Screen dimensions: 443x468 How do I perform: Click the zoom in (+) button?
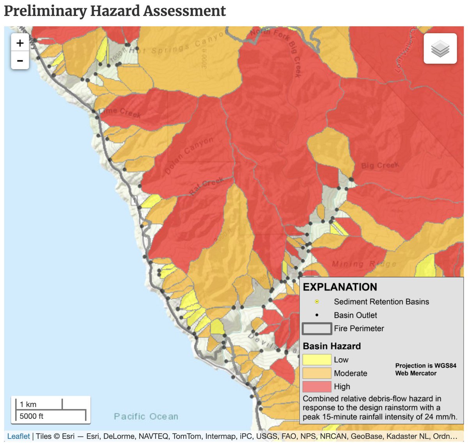click(20, 43)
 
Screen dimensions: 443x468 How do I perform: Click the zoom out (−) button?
click(20, 61)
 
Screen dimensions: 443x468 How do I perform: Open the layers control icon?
click(440, 49)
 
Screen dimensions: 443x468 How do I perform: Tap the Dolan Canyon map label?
click(189, 155)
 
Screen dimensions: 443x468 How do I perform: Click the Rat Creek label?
click(206, 186)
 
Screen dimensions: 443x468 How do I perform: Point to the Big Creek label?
click(379, 165)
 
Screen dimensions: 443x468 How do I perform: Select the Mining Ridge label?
click(364, 264)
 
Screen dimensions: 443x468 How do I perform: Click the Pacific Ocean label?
click(146, 416)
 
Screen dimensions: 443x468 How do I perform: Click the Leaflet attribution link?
click(18, 436)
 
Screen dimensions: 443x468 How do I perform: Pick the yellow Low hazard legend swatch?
click(316, 360)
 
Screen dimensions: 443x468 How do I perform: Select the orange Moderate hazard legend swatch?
click(316, 373)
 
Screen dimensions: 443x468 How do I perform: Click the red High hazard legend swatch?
click(316, 386)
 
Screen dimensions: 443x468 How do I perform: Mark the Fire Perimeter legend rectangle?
click(316, 329)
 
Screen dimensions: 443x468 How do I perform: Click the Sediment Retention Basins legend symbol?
click(317, 302)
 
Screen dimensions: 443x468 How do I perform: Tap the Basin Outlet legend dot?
click(317, 315)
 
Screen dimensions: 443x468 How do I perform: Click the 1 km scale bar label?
click(28, 404)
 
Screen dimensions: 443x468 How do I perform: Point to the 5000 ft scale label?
click(32, 416)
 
